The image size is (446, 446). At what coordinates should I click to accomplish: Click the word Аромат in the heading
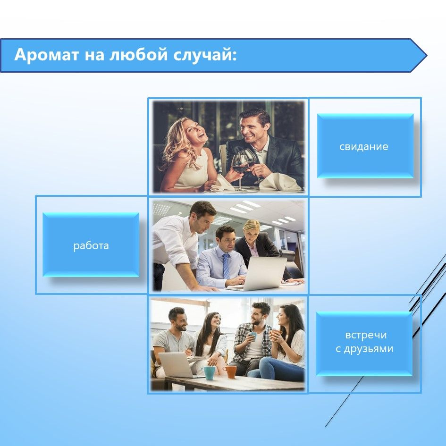(46, 54)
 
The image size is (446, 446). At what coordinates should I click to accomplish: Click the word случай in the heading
(205, 54)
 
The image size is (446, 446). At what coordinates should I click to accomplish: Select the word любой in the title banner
(139, 54)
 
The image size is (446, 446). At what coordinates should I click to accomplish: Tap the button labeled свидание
(365, 146)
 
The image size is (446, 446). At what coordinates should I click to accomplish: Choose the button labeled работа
(91, 245)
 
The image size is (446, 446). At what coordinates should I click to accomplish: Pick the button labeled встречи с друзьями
(364, 344)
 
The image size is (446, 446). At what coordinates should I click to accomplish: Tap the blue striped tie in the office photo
(226, 266)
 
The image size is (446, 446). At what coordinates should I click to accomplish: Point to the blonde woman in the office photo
(256, 242)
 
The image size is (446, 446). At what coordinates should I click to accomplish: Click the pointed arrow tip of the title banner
(426, 56)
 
